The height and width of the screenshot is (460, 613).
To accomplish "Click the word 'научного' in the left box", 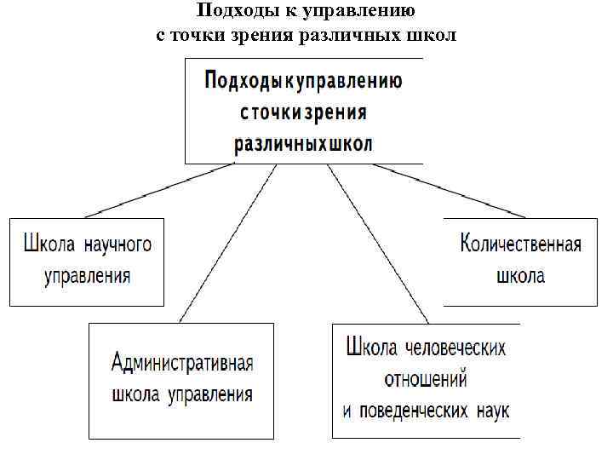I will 118,245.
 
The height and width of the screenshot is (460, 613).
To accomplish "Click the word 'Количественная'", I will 520,245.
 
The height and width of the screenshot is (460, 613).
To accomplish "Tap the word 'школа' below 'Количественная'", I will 519,276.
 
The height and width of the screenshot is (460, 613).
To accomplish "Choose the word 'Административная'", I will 182,363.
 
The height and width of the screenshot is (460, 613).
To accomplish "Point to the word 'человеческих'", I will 455,348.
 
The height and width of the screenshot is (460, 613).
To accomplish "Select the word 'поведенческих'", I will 412,411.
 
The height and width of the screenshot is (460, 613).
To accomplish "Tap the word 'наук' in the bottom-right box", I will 490,411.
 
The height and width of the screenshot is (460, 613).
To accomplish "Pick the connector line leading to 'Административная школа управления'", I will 228,243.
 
